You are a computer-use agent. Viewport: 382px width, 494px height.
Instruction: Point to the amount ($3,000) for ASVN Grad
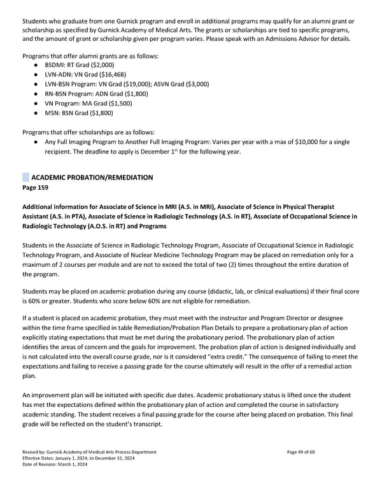click(x=195, y=84)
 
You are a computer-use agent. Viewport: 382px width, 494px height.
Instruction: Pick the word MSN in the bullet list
click(x=52, y=113)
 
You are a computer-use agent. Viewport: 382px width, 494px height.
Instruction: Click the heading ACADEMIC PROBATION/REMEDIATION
click(x=92, y=177)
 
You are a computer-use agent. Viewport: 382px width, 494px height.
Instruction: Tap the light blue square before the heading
click(x=25, y=177)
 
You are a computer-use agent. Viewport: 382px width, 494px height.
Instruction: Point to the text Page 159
click(x=36, y=188)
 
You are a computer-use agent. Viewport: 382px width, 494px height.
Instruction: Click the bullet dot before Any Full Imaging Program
click(x=37, y=141)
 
